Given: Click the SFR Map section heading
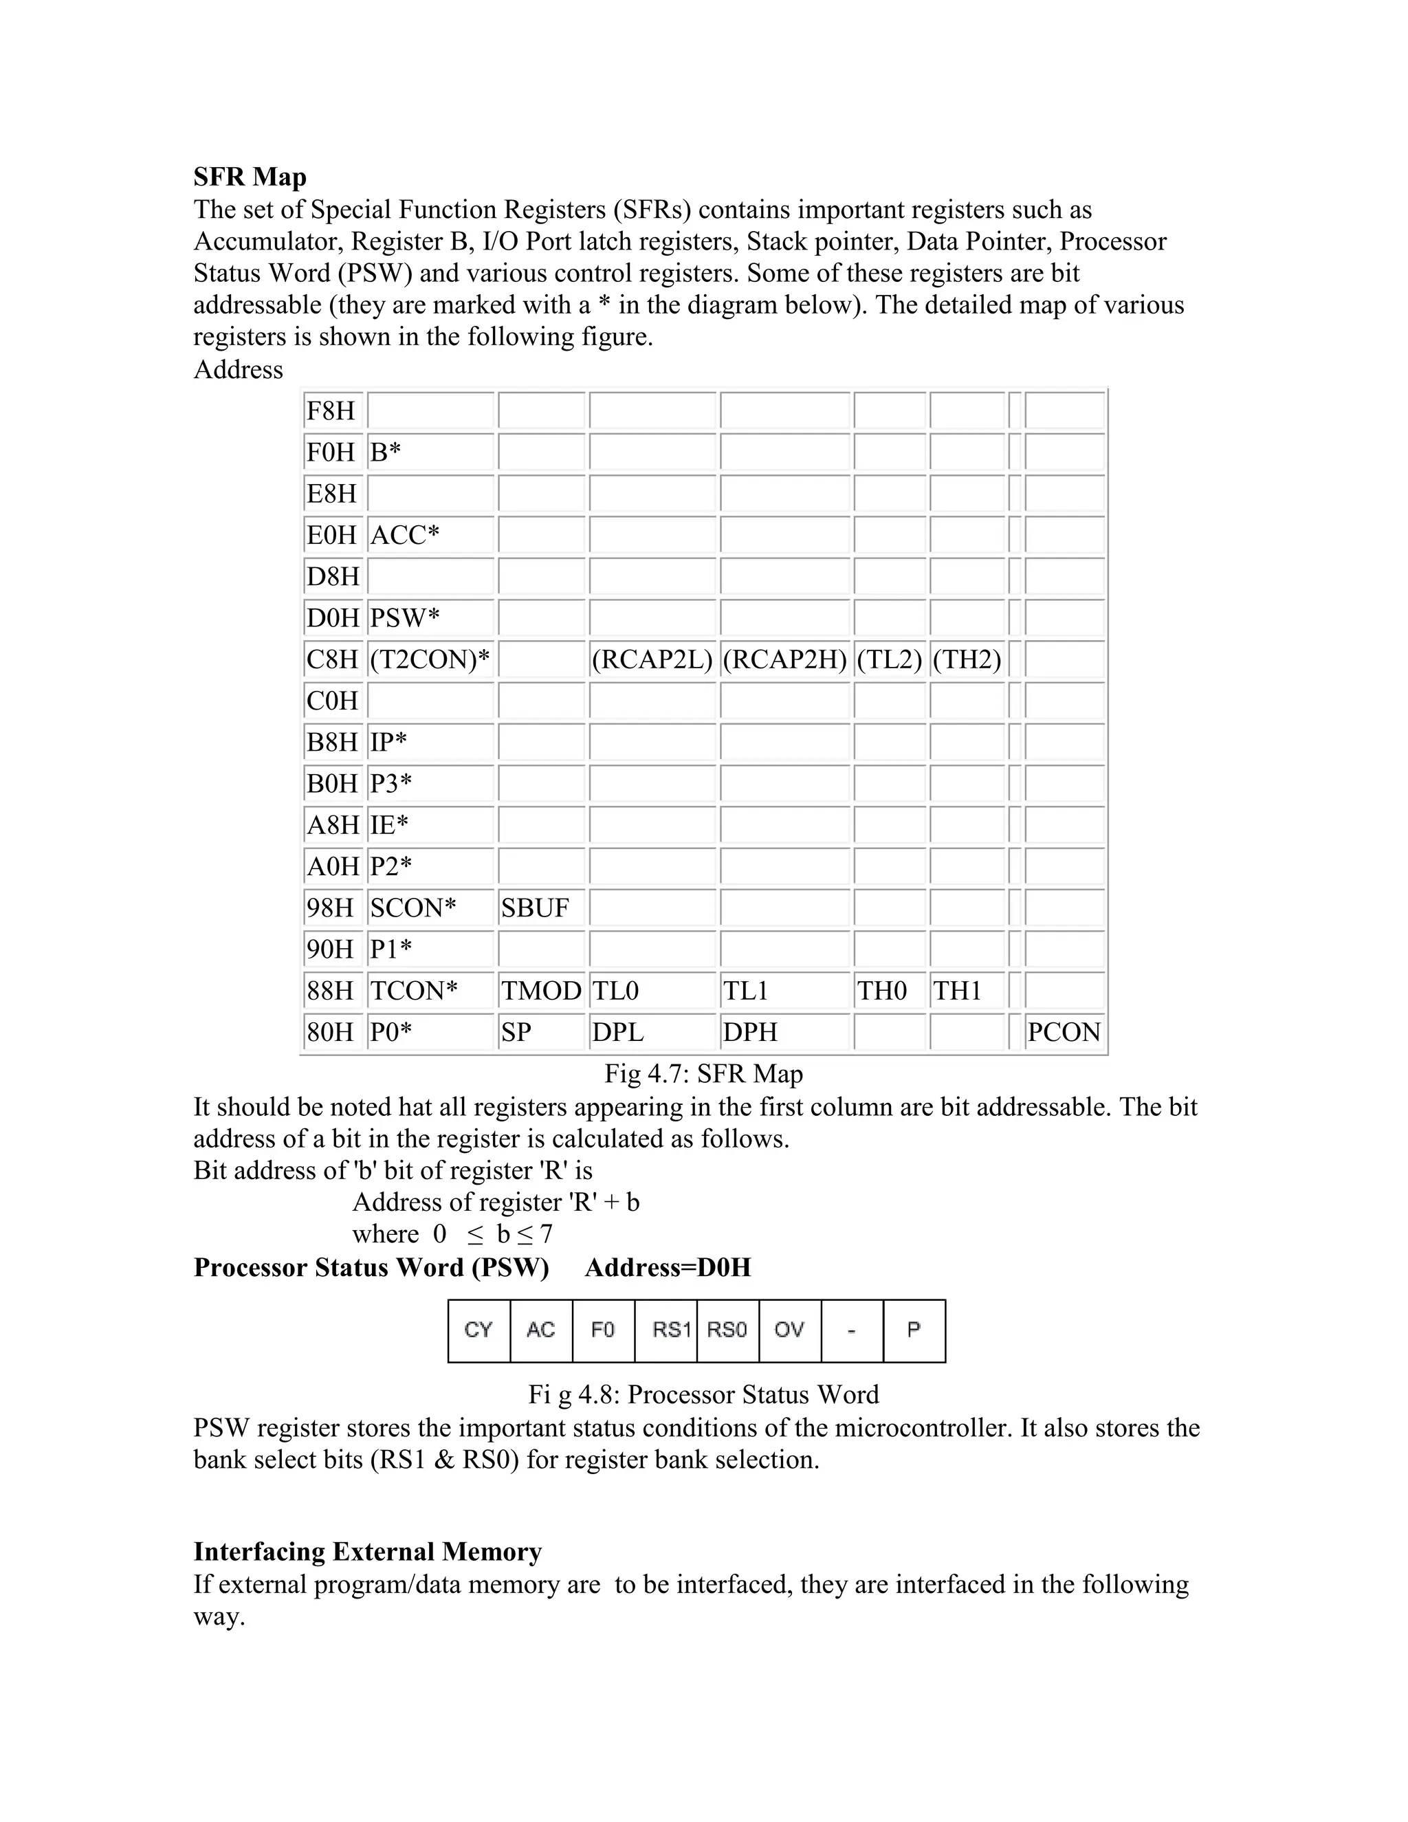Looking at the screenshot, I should pyautogui.click(x=250, y=177).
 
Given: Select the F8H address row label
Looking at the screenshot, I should pyautogui.click(x=331, y=411).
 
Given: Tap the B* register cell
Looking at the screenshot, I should pyautogui.click(x=430, y=453).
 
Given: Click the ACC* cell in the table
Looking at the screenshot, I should pyautogui.click(x=430, y=536).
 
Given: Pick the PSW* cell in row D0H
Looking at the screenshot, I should pyautogui.click(x=430, y=618).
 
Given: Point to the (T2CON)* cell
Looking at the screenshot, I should pyautogui.click(x=430, y=660).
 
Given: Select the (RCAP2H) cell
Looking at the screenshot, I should pyautogui.click(x=784, y=660).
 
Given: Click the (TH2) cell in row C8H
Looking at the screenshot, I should pyautogui.click(x=967, y=660).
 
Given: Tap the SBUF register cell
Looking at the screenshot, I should pyautogui.click(x=540, y=908).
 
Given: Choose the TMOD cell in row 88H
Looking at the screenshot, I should pyautogui.click(x=540, y=991).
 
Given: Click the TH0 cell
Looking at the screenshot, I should pyautogui.click(x=888, y=991).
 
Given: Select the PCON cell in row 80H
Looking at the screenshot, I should pyautogui.click(x=1064, y=1032).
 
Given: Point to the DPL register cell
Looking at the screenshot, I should pyautogui.click(x=652, y=1032).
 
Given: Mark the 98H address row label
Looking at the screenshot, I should pyautogui.click(x=331, y=908).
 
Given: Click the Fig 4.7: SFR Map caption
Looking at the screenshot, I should pyautogui.click(x=703, y=1074).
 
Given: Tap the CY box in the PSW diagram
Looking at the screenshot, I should pyautogui.click(x=478, y=1330).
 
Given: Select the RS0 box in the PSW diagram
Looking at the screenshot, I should pyautogui.click(x=727, y=1330).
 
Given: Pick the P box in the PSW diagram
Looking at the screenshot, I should pyautogui.click(x=914, y=1330).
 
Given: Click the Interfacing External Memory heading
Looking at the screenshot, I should pyautogui.click(x=367, y=1552).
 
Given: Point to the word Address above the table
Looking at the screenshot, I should pyautogui.click(x=238, y=370).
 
